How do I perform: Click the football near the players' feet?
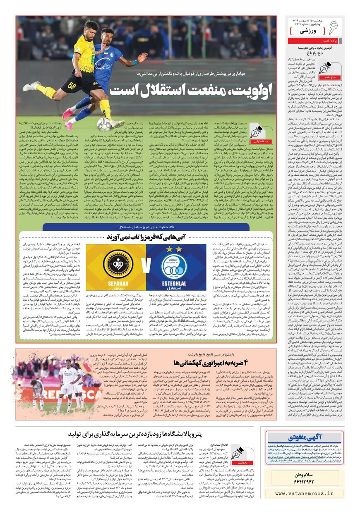pos(104,124)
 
